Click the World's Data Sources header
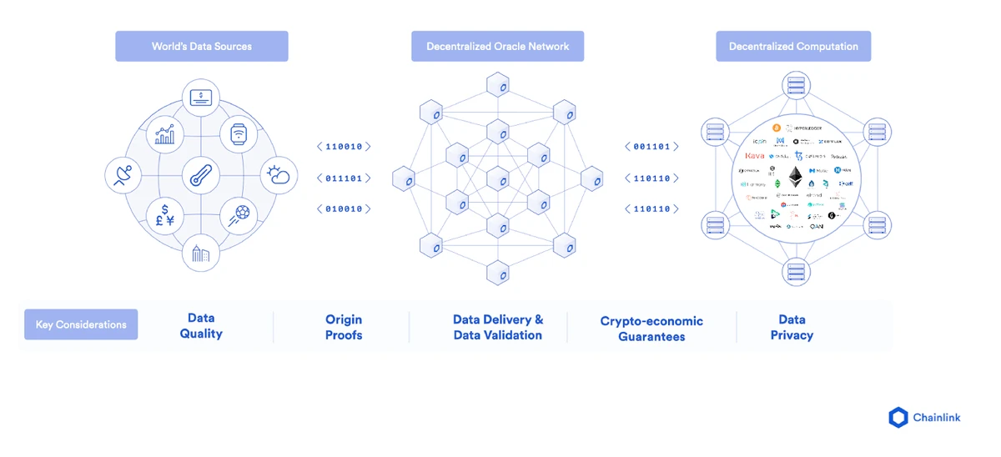point(201,47)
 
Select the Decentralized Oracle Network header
point(497,47)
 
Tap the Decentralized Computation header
point(793,47)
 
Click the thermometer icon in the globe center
point(201,176)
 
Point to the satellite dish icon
point(123,176)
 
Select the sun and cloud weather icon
point(278,175)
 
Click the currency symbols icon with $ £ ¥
point(165,215)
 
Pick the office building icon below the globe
point(201,253)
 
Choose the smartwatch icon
point(239,135)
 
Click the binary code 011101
point(344,178)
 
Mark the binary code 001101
point(651,147)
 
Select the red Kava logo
point(754,156)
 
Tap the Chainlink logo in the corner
point(924,417)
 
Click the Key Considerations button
point(81,324)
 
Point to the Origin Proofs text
point(344,327)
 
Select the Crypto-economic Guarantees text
point(651,329)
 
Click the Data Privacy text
point(792,327)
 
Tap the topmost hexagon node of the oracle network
point(498,87)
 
